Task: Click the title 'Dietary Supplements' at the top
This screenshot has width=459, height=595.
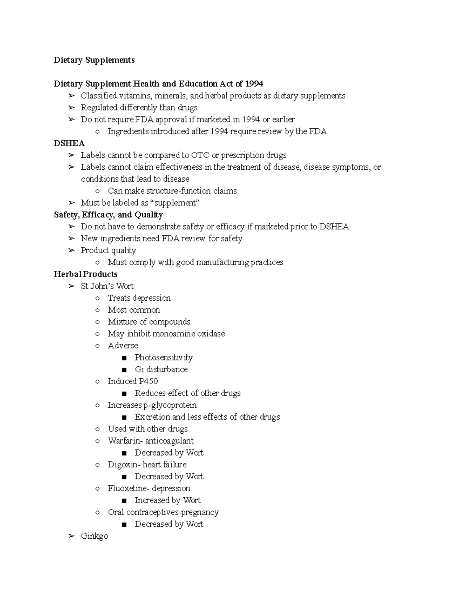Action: pyautogui.click(x=94, y=60)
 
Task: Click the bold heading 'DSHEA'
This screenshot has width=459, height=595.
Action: pyautogui.click(x=69, y=143)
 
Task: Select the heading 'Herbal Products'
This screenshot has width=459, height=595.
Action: pyautogui.click(x=85, y=274)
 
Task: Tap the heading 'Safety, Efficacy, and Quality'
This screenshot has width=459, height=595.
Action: pyautogui.click(x=108, y=215)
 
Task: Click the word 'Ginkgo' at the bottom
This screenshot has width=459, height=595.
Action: pyautogui.click(x=94, y=536)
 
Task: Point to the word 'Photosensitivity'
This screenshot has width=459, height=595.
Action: pyautogui.click(x=163, y=357)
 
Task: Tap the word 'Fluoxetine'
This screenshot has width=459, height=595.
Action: pyautogui.click(x=127, y=488)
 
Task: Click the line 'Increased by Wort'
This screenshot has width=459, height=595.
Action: pyautogui.click(x=167, y=500)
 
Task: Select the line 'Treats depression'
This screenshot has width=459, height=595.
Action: pyautogui.click(x=139, y=298)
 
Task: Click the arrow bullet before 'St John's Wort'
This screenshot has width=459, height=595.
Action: pyautogui.click(x=71, y=286)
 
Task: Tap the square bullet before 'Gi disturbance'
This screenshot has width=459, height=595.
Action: pyautogui.click(x=124, y=370)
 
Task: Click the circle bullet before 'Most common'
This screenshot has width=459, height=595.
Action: pyautogui.click(x=98, y=310)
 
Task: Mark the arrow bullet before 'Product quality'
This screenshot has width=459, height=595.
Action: pyautogui.click(x=71, y=251)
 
